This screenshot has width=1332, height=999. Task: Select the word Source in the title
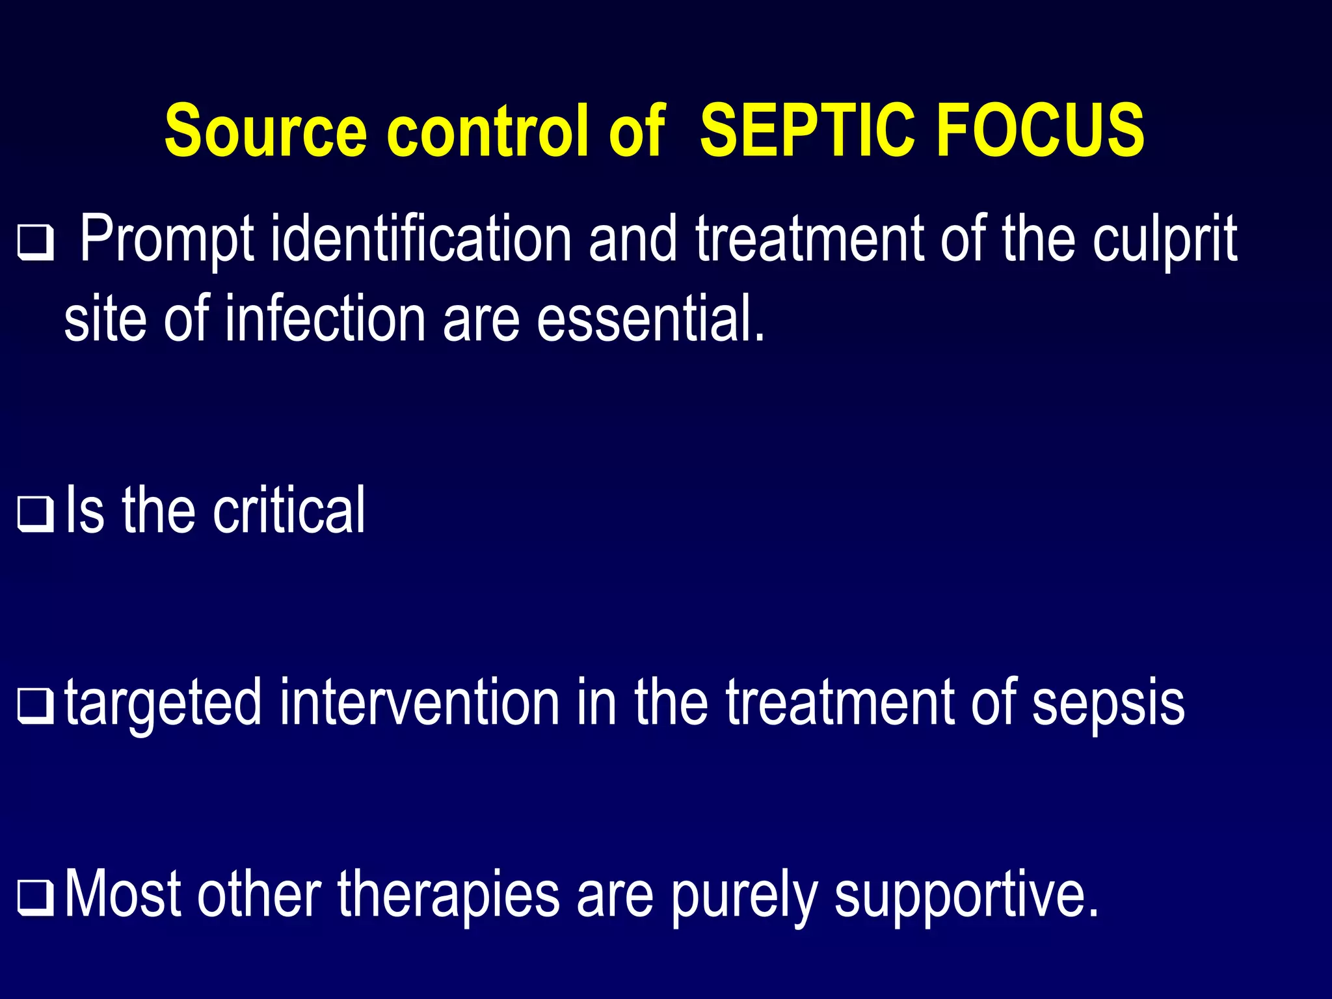[265, 131]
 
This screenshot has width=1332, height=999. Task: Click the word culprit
[1164, 241]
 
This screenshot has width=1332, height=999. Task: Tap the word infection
[325, 319]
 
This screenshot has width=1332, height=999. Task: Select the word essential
[650, 319]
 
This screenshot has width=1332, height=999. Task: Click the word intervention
[420, 702]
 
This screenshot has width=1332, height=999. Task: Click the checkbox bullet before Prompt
[35, 243]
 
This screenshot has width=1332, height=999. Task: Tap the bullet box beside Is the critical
[35, 514]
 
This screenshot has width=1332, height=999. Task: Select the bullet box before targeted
[35, 706]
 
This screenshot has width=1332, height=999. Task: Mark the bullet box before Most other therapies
[35, 898]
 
